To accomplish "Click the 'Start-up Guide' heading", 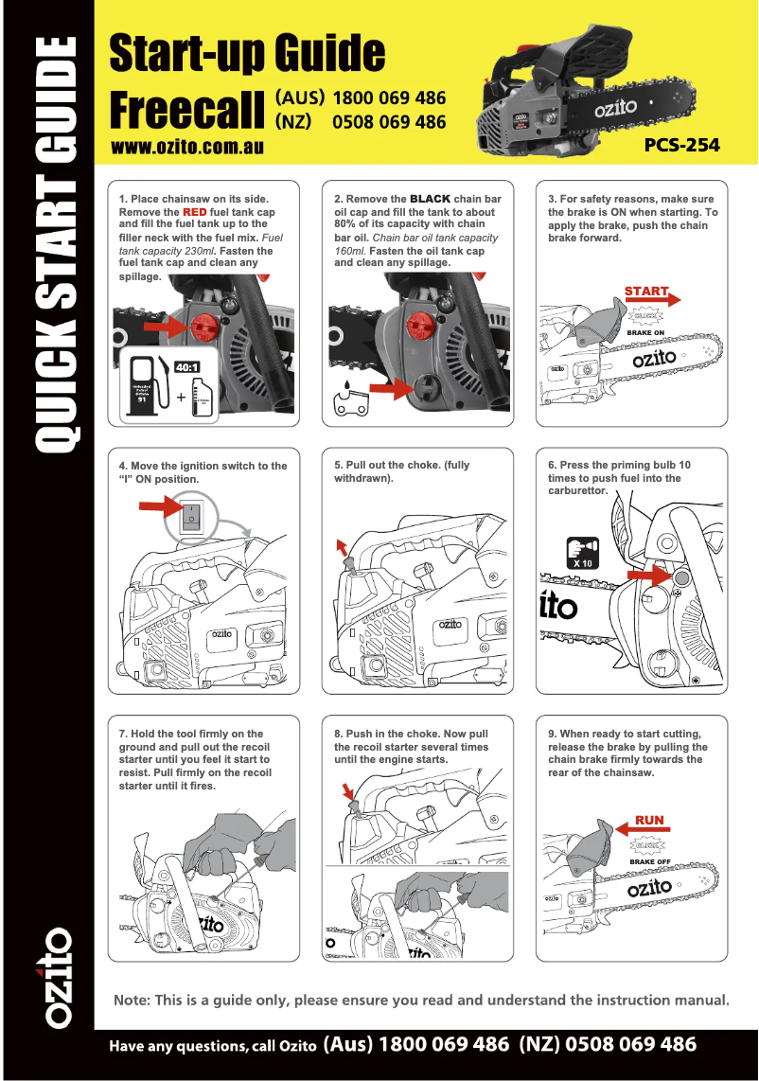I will click(x=248, y=53).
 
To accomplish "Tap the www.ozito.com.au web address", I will click(x=186, y=147).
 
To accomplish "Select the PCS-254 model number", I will click(x=681, y=146).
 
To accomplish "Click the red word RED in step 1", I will click(x=194, y=212).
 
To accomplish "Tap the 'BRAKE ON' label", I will click(x=645, y=333).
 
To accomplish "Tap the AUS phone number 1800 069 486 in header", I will click(x=389, y=98).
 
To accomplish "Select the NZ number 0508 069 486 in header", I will click(x=389, y=122).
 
